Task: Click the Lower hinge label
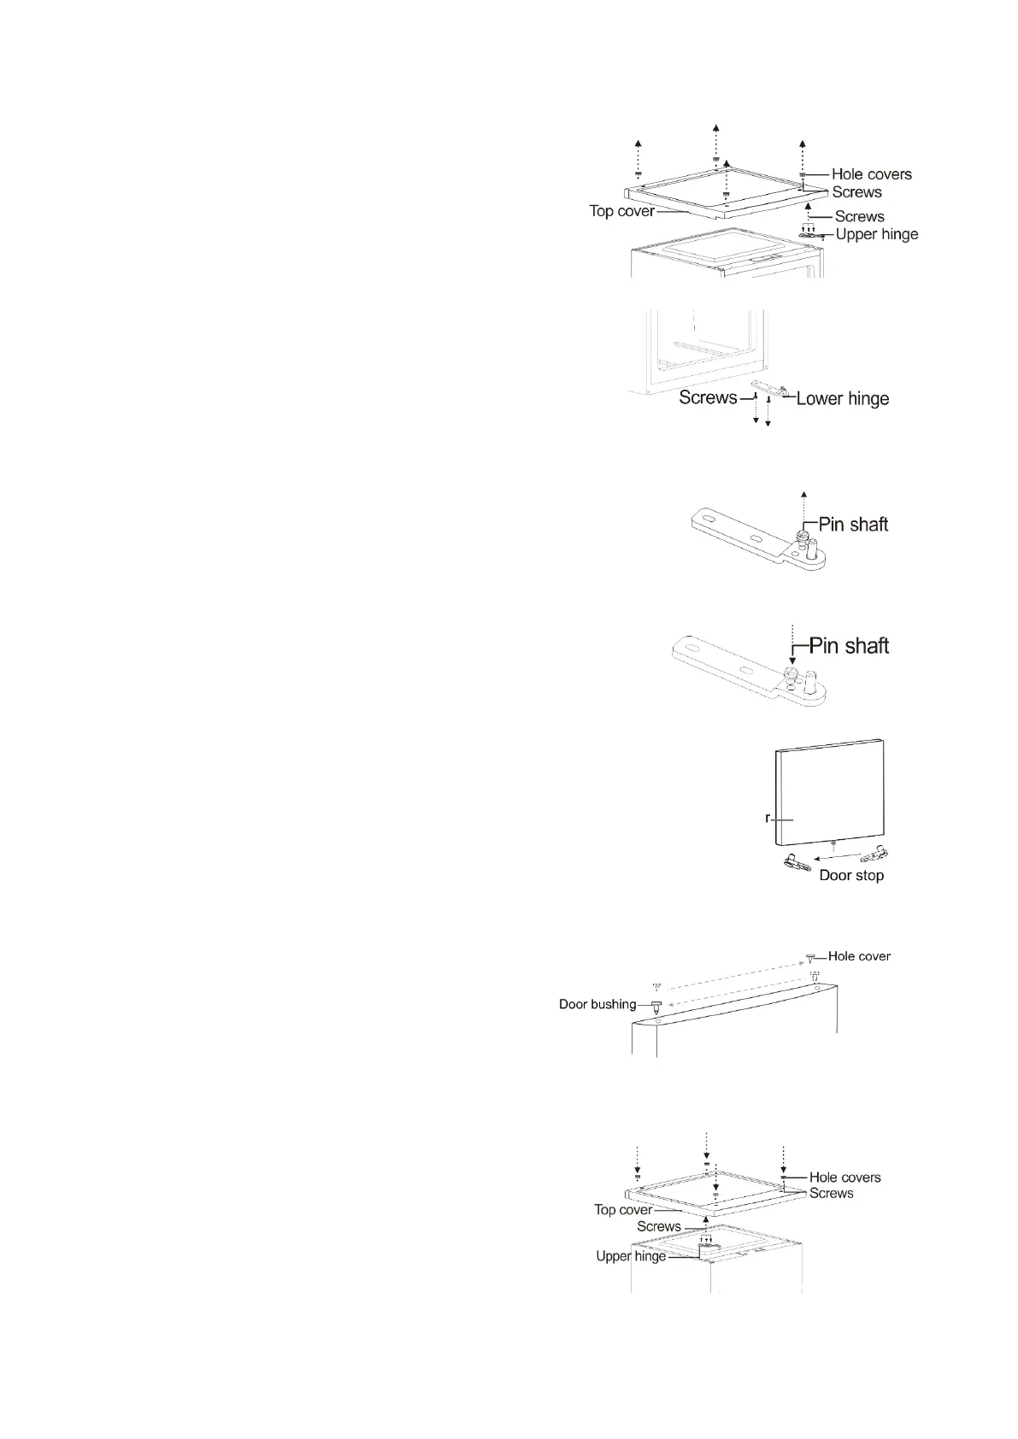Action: pos(842,398)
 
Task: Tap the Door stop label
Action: pos(851,875)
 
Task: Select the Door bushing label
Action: pos(597,1004)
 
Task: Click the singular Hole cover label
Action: pos(859,956)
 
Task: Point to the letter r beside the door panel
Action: pos(768,818)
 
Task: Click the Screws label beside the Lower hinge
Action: pos(708,397)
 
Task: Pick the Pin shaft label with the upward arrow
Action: pos(853,524)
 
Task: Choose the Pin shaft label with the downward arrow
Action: pos(849,645)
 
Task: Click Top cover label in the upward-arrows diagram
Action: pos(621,210)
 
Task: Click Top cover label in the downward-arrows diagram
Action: pos(623,1209)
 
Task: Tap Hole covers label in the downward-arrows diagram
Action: pos(844,1177)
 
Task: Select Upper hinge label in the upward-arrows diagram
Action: pos(876,234)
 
